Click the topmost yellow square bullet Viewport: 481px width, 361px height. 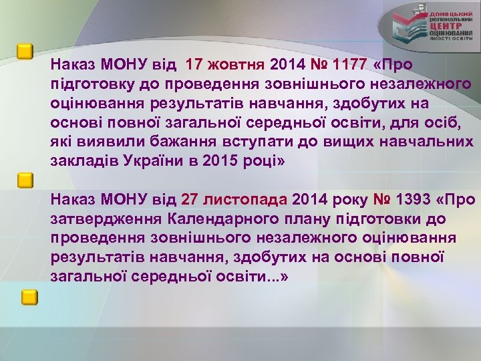point(25,51)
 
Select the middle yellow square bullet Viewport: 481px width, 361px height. point(25,180)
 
